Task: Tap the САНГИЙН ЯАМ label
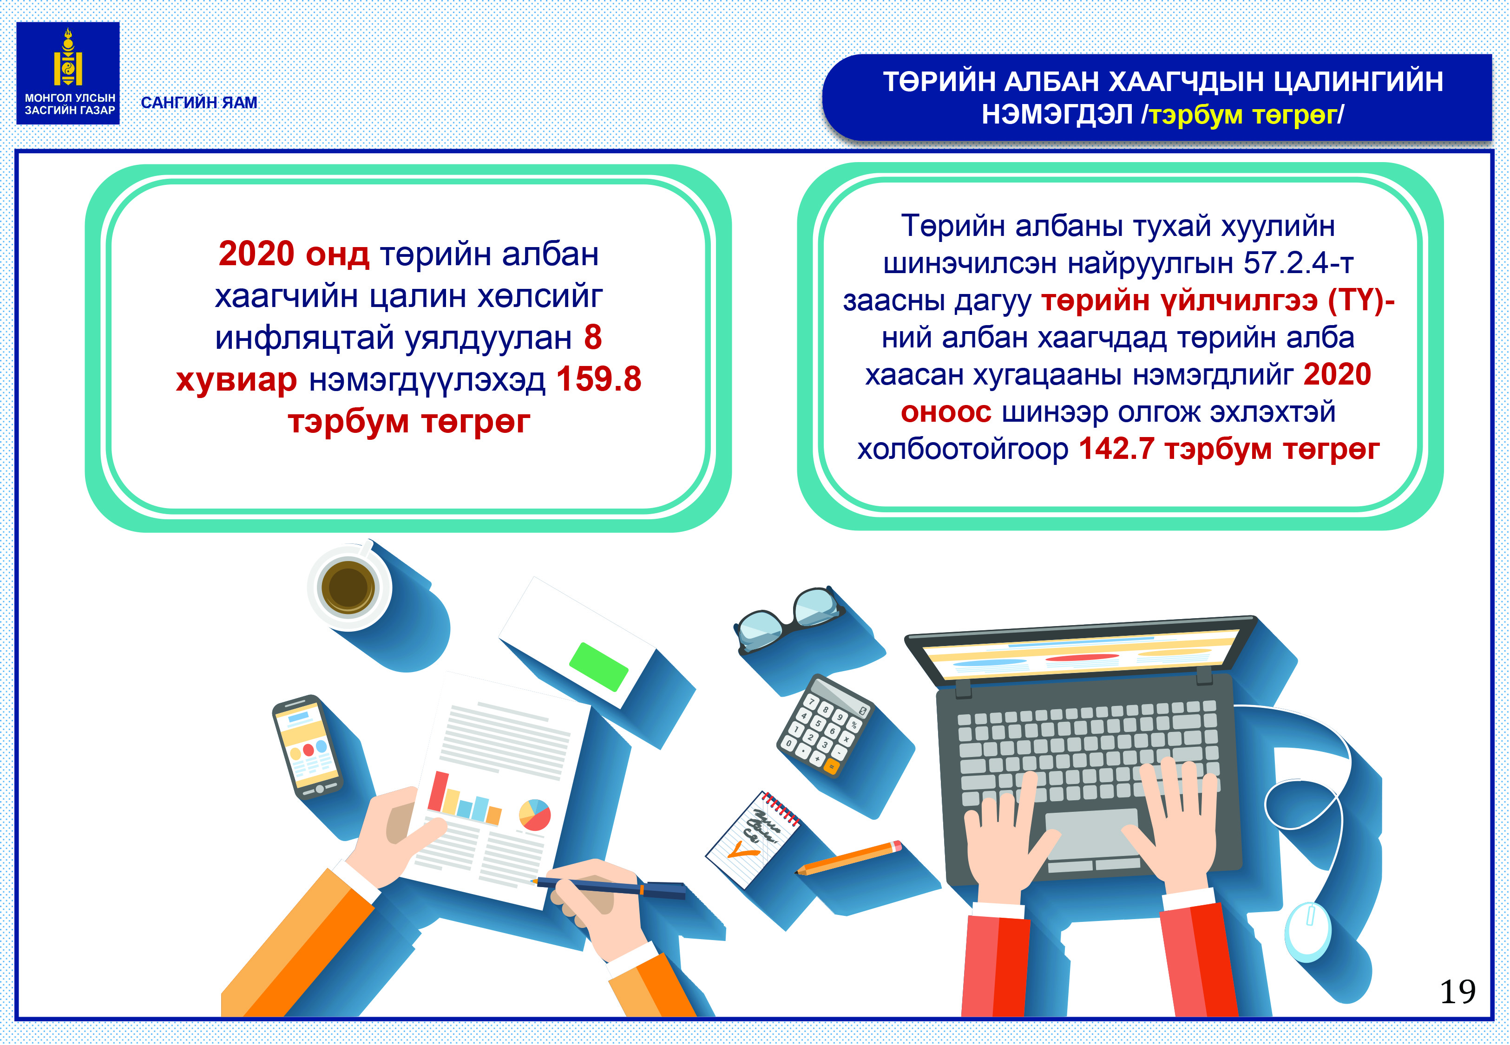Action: [x=199, y=103]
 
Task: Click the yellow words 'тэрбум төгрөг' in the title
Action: [x=1243, y=115]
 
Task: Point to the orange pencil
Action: [x=849, y=858]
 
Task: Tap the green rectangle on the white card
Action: [x=598, y=666]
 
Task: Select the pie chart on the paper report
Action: [x=534, y=815]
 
